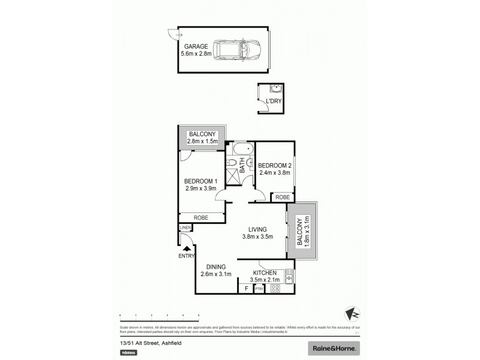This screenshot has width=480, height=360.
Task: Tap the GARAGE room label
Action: (196, 46)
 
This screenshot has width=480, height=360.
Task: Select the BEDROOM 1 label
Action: (200, 181)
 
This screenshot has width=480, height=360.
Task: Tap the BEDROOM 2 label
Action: (275, 166)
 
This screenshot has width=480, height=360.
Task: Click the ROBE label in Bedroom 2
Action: (281, 197)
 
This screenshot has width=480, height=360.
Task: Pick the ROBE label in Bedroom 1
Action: (200, 218)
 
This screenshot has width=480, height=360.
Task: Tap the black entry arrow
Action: (187, 248)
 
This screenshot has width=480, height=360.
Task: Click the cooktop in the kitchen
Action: (276, 288)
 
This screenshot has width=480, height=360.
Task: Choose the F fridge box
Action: (246, 289)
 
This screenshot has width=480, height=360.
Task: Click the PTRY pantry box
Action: (259, 289)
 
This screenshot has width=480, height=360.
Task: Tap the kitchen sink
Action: (289, 278)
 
